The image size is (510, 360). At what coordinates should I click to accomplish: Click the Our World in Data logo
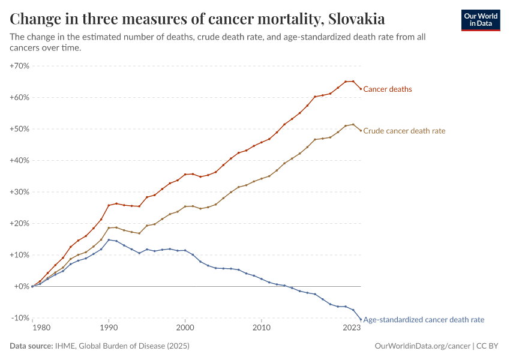coord(481,20)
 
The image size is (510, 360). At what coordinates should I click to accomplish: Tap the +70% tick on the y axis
coord(20,66)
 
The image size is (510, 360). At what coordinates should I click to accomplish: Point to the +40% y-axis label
coord(20,160)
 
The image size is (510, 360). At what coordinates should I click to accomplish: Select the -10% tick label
coord(21,318)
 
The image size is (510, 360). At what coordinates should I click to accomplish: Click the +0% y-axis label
coord(22,286)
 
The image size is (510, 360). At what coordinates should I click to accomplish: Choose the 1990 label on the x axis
coord(109,328)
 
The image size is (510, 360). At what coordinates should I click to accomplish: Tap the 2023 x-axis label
coord(352,328)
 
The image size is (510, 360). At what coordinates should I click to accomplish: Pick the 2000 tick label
coord(185,328)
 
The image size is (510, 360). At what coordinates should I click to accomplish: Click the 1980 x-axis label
coord(41,328)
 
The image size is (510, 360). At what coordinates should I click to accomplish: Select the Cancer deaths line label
coord(388,89)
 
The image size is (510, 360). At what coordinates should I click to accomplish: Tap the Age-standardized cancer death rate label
coord(424,320)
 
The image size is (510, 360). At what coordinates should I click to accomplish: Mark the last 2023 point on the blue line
coord(361,319)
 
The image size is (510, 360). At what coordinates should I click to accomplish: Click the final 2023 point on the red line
coord(361,89)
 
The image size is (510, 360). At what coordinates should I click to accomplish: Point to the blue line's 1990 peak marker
coord(109,239)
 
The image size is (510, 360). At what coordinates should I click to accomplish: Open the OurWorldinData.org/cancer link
coord(422,346)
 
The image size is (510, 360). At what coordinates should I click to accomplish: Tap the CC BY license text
coord(487,346)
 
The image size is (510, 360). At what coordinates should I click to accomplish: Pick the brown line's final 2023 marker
coord(361,130)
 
